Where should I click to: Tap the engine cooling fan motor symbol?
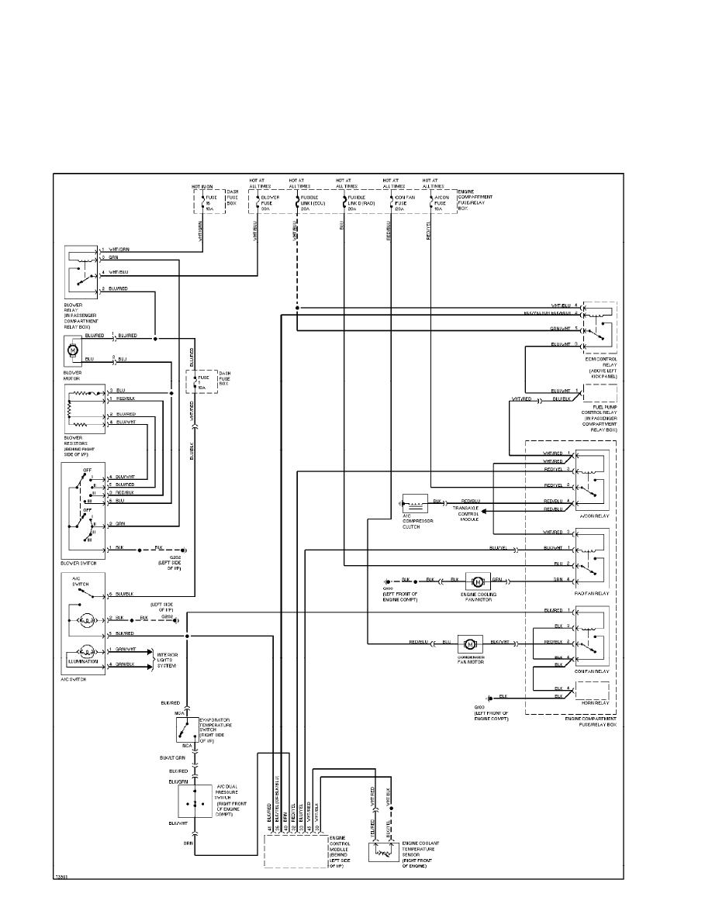[x=477, y=581]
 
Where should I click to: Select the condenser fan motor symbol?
[x=469, y=643]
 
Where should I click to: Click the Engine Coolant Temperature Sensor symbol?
[x=381, y=855]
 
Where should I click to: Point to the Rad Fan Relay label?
[x=594, y=593]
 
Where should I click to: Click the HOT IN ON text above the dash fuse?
[x=202, y=187]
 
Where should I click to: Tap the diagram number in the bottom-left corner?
[x=60, y=877]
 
